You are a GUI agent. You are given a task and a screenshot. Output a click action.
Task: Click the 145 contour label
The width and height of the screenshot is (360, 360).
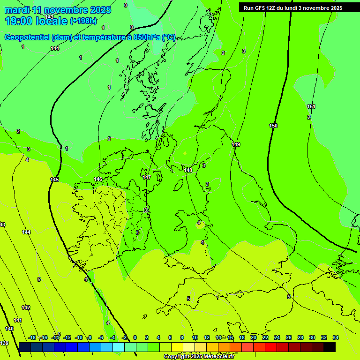[x=54, y=180]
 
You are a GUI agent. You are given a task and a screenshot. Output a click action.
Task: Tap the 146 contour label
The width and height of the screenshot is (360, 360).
[x=98, y=180]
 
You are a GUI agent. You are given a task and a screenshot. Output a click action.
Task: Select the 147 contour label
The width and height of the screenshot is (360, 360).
[x=147, y=177]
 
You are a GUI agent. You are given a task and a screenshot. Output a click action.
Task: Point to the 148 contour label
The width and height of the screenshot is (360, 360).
[x=188, y=170]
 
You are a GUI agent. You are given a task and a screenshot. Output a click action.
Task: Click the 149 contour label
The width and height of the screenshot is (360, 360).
[x=236, y=144]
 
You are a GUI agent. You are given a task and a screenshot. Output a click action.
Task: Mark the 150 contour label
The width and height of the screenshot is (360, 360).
[x=273, y=126]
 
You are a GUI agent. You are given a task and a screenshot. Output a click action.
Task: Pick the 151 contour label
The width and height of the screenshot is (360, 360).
[x=311, y=106]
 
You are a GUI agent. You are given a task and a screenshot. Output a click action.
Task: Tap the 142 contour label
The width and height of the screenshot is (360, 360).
[x=26, y=307]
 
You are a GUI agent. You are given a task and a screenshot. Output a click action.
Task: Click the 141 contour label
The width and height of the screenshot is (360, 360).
[x=17, y=320]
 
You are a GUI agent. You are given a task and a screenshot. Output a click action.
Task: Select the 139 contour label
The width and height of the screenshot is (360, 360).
[x=4, y=344]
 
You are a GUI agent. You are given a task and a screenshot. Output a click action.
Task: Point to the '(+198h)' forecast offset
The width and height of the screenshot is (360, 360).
[x=83, y=21]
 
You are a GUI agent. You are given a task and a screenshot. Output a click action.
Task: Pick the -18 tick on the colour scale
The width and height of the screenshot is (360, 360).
[x=32, y=337]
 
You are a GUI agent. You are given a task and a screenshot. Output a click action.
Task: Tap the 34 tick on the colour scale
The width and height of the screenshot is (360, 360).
[x=335, y=337]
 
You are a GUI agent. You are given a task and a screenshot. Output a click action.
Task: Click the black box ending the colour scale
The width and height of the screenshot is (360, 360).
[x=330, y=347]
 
